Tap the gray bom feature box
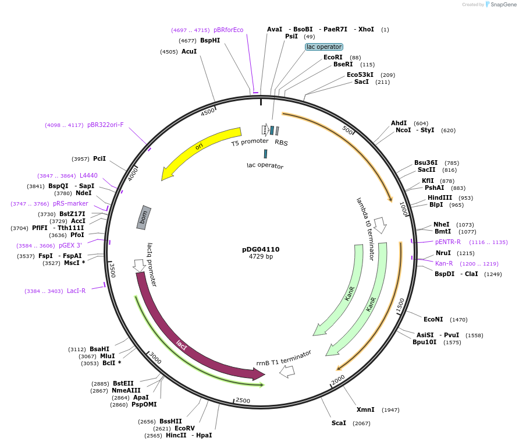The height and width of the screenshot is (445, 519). coord(144,217)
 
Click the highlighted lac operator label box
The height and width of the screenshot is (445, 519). coord(324,47)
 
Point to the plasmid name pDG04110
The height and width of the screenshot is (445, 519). coord(261,249)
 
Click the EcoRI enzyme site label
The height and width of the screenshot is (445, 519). coord(333,57)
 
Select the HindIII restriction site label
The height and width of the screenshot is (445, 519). coord(440,197)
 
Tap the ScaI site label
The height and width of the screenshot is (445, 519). coord(339,423)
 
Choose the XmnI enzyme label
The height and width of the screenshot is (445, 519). coord(365,409)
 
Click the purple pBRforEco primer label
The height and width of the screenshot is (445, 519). coord(228,30)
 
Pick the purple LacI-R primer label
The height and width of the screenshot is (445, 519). coord(76,291)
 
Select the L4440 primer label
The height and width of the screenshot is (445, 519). coord(88,175)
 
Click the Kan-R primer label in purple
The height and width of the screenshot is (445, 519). coord(444,263)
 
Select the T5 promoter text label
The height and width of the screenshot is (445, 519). coord(250,142)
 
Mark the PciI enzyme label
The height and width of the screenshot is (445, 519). coord(99,158)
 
